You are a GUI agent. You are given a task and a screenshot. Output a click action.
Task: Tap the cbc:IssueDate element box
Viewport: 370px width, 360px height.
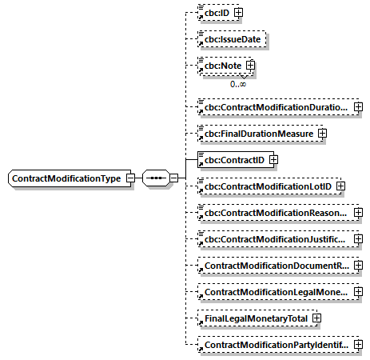[x=232, y=38]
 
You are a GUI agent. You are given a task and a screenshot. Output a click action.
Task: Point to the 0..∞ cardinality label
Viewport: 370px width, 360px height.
[x=237, y=83]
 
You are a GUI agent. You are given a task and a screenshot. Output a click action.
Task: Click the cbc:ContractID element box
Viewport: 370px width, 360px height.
[x=233, y=160]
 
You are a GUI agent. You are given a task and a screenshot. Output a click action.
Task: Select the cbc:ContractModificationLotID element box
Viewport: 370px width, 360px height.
[x=267, y=186]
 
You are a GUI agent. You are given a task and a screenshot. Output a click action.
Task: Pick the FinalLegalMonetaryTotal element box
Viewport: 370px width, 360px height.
[x=255, y=318]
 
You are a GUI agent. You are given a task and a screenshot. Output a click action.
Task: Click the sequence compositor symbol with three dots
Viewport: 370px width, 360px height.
[x=155, y=178]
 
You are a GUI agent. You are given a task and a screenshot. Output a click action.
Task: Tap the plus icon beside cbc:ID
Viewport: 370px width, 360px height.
[x=238, y=13]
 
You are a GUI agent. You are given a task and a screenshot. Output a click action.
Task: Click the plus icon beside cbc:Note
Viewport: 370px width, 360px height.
[x=250, y=65]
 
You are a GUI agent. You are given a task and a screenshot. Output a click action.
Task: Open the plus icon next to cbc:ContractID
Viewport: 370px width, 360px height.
[x=273, y=160]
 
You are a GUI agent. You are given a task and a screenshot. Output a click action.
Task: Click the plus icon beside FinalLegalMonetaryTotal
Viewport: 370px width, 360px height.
[x=317, y=318]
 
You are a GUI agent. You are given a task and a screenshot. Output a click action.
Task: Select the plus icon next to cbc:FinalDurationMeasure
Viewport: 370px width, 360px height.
[x=322, y=133]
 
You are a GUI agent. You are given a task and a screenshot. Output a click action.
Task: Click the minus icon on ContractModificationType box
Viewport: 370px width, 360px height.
[x=129, y=178]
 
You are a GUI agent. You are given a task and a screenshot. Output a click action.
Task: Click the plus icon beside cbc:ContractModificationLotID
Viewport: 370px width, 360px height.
[x=340, y=186]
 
